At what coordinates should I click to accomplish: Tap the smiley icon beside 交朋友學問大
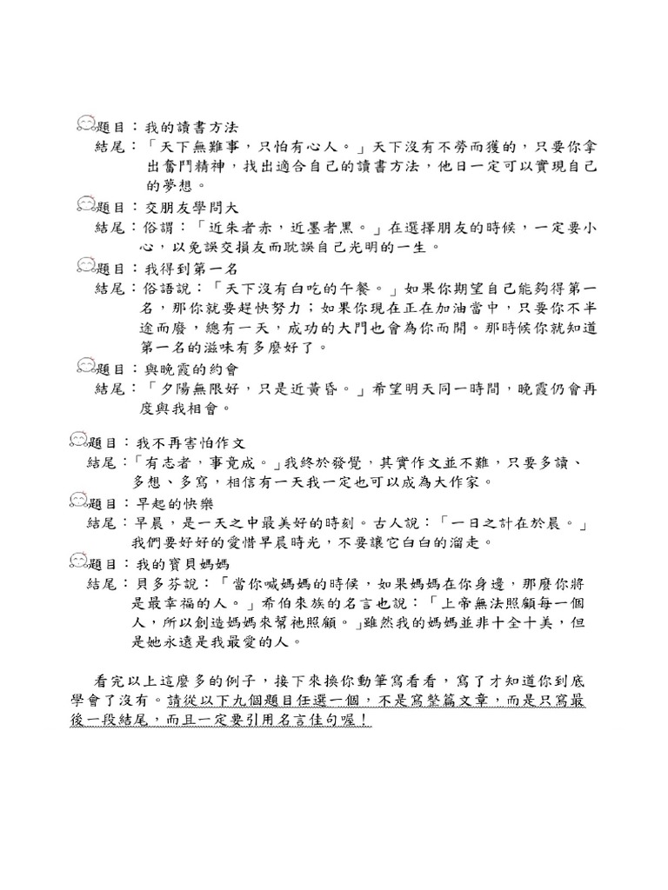pos(86,206)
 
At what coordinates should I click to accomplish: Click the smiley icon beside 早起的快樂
pos(78,501)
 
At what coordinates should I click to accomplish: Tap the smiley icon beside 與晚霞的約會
pos(86,367)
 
